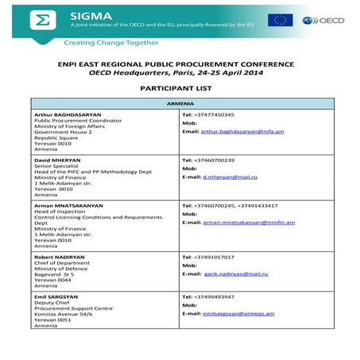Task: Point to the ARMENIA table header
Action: coord(180,104)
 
